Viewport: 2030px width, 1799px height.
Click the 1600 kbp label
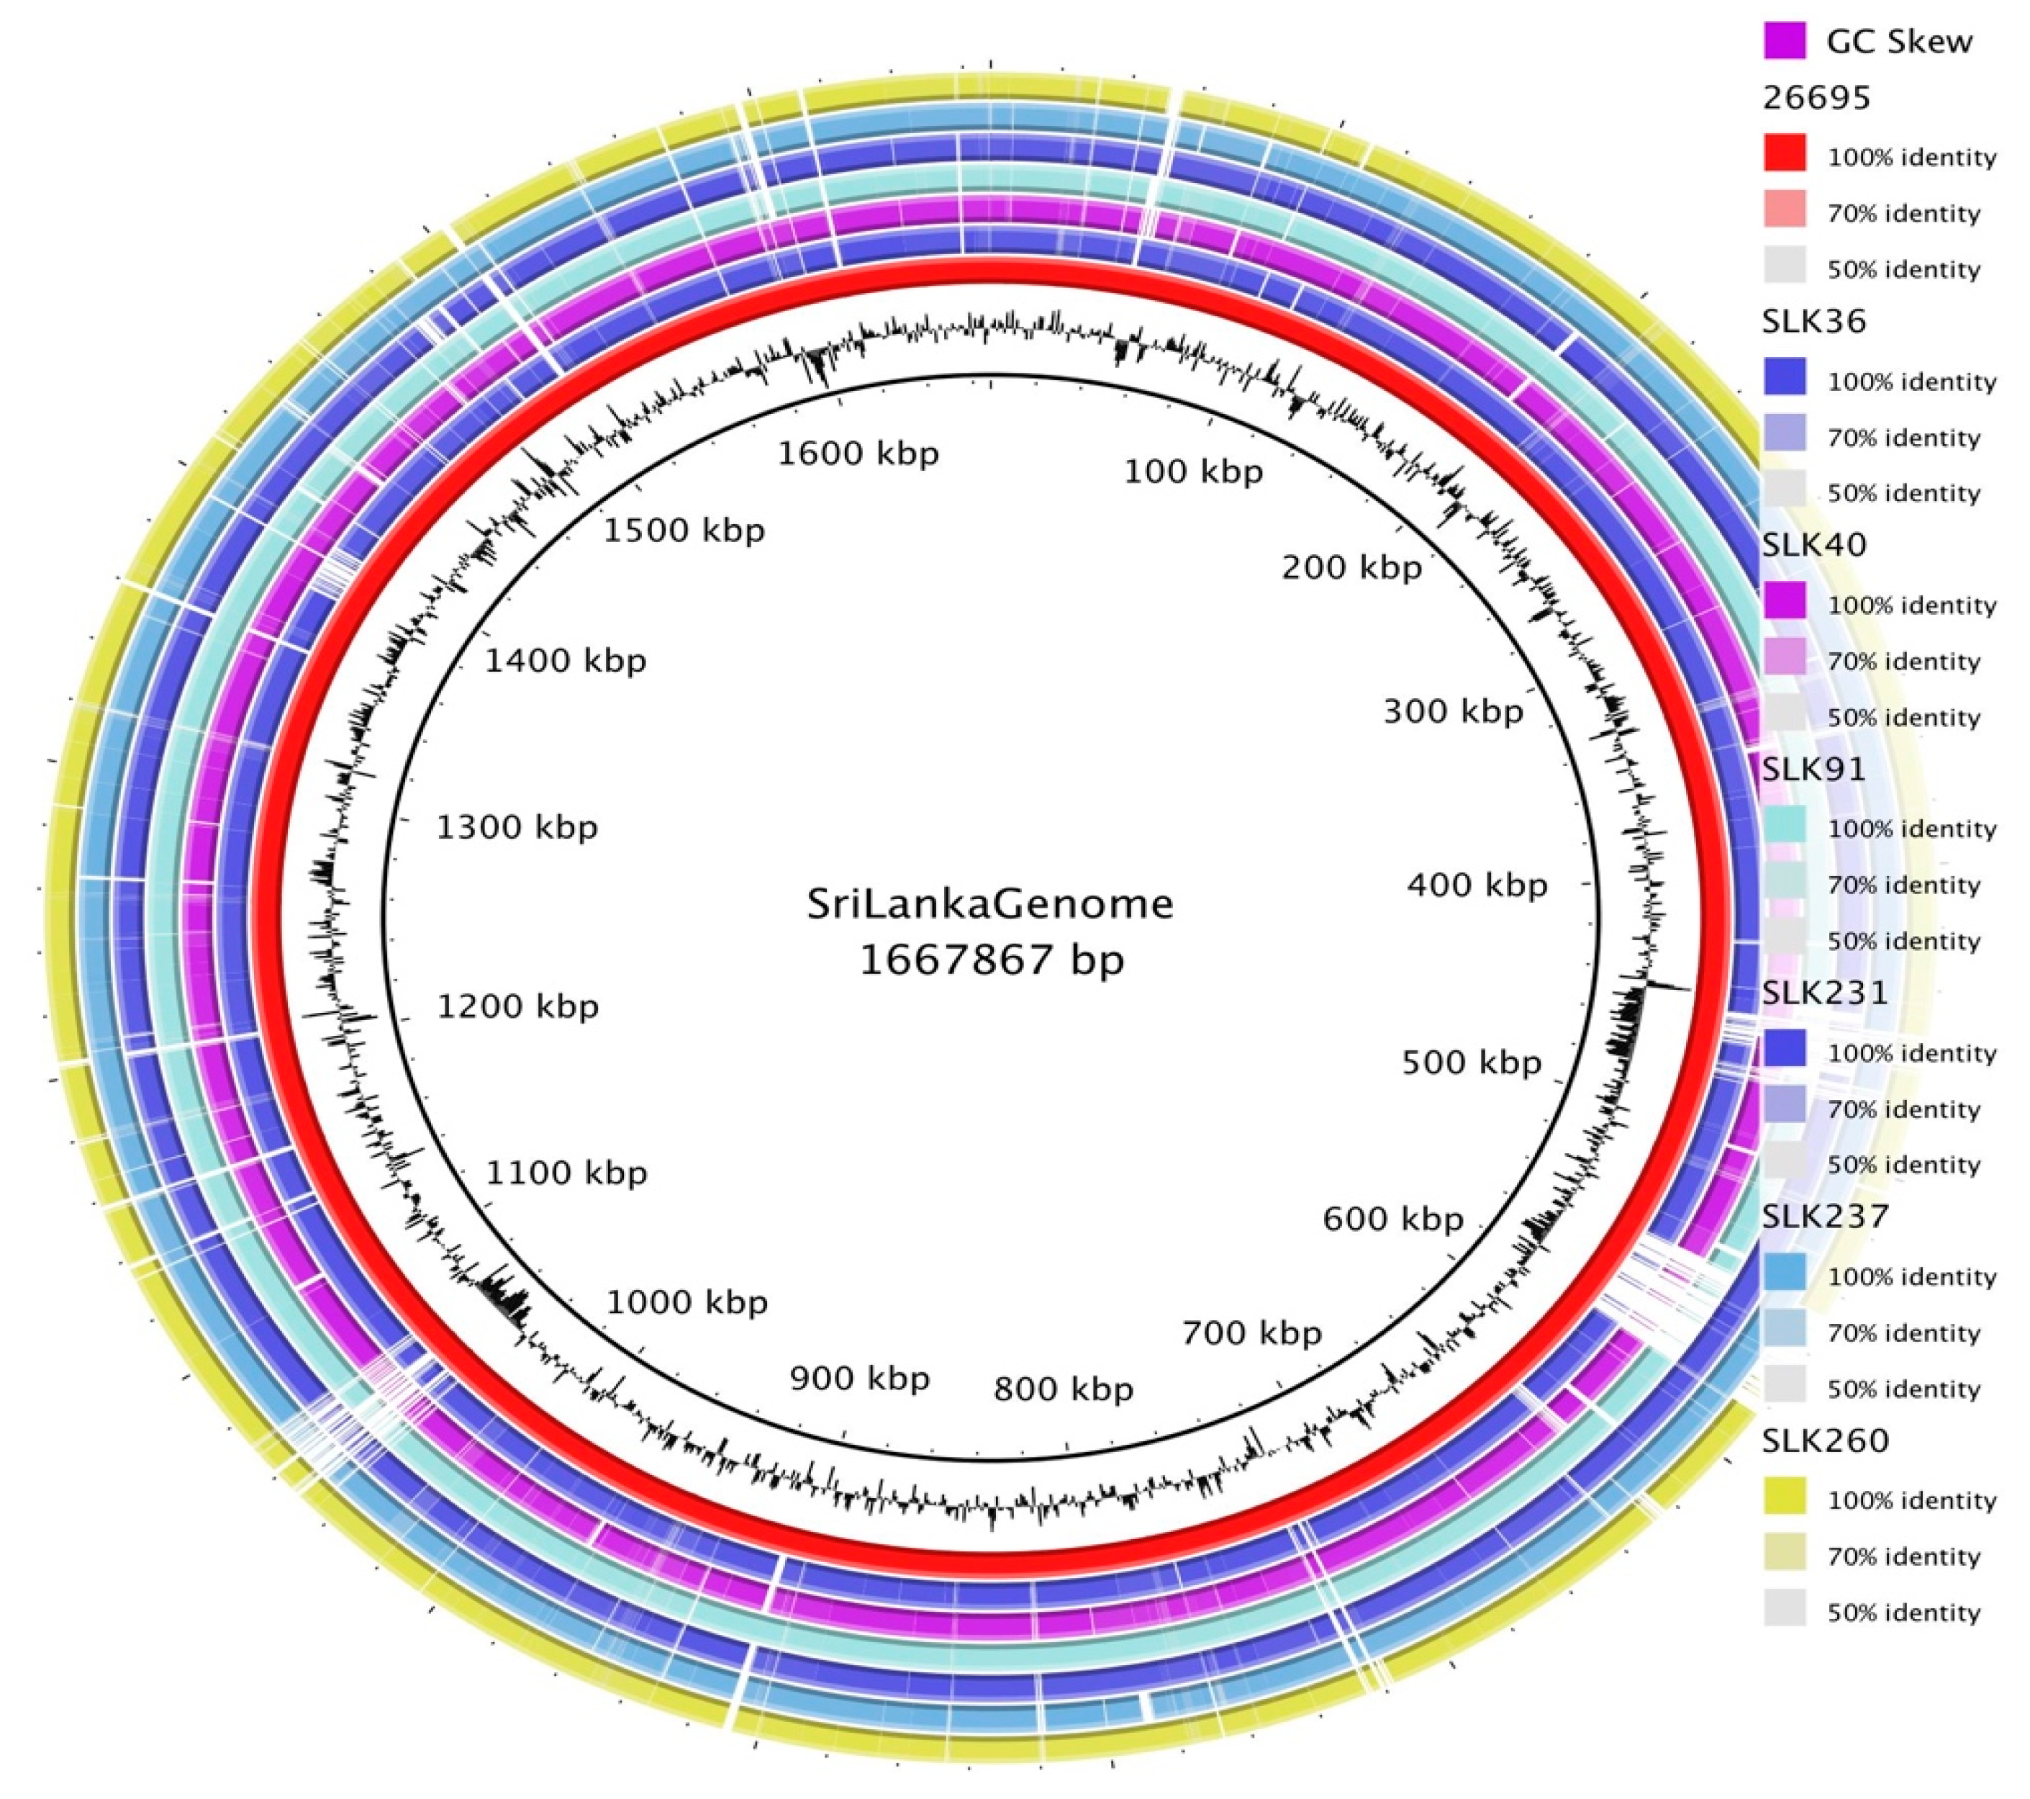pos(857,454)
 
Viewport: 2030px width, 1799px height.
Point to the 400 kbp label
pos(1477,884)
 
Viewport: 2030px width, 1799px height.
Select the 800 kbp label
pos(1063,1389)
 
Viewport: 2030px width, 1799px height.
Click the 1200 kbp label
pos(517,1006)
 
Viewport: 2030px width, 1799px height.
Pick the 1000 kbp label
pos(687,1302)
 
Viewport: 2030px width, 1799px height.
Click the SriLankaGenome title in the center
pos(989,904)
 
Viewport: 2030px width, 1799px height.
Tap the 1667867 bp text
pos(991,960)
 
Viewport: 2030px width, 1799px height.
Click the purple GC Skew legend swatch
pos(1785,42)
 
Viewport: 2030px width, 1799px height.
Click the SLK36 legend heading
pos(1813,321)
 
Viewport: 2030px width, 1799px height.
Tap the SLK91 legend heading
pos(1813,769)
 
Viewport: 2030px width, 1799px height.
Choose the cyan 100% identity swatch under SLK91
pos(1785,826)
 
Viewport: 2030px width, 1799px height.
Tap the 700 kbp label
pos(1251,1333)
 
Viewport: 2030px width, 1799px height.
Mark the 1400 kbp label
pos(565,661)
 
